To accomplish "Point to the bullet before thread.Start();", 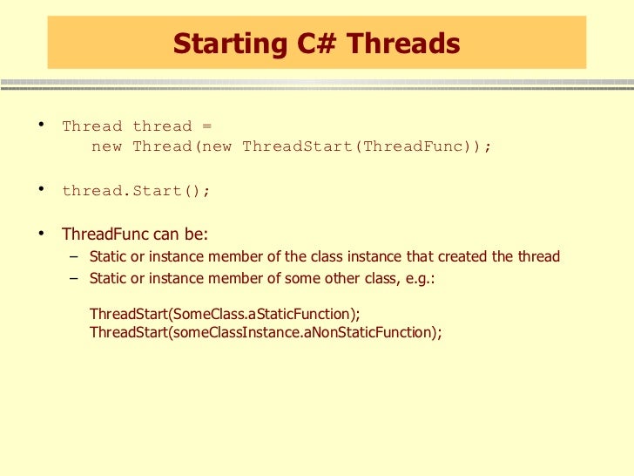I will pos(41,189).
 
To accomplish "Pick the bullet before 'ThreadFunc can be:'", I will pos(41,233).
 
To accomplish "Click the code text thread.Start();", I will pos(136,191).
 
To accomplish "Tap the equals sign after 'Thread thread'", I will pos(206,126).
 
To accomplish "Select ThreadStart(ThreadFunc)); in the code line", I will pos(367,146).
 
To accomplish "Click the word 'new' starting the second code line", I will pos(106,146).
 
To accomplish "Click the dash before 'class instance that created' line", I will pos(72,256).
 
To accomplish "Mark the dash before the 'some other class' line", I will pos(72,279).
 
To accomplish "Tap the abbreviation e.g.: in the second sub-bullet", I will pos(418,280).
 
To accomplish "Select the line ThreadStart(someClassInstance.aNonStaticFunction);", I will pos(266,332).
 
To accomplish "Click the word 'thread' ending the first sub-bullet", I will pos(539,257).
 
